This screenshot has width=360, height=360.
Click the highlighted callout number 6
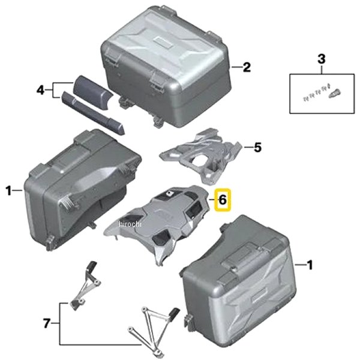223,200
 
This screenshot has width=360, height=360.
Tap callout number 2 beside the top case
247,67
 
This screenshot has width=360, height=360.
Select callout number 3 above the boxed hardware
322,59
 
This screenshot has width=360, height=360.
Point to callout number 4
40,90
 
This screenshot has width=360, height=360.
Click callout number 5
257,147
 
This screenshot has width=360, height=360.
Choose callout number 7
47,323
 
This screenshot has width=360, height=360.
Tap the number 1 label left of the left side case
8,191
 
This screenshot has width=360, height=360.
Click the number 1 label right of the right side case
310,265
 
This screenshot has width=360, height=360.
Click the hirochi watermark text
130,224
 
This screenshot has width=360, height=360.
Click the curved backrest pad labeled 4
92,93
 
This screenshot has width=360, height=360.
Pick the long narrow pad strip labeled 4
93,113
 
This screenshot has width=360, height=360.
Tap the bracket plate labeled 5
202,156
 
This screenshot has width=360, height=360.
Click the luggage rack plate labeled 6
158,222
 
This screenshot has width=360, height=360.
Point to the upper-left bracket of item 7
86,286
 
